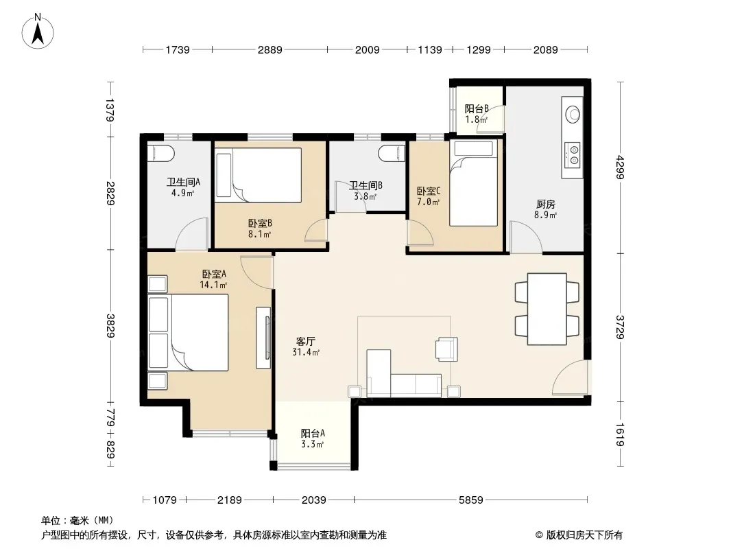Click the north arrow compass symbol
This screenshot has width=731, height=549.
[38, 32]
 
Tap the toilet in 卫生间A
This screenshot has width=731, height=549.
[161, 153]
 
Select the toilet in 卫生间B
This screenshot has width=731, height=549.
[392, 153]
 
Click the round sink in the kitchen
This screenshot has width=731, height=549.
[573, 114]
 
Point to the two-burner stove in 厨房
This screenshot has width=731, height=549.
[573, 154]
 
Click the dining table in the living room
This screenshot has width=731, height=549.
[547, 309]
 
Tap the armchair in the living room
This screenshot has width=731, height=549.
[446, 349]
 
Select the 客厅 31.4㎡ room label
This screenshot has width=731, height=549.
[306, 347]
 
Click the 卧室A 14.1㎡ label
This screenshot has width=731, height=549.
[213, 279]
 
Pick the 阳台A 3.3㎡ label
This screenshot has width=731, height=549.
[312, 439]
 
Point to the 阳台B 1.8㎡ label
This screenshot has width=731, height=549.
[477, 114]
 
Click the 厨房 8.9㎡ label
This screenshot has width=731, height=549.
[545, 209]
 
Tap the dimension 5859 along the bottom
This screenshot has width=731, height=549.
[471, 500]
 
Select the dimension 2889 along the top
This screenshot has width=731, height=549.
[270, 49]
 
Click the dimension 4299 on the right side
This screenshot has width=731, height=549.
[620, 167]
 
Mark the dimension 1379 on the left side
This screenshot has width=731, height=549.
[110, 110]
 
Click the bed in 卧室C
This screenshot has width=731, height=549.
[474, 183]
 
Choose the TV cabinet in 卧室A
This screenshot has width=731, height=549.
[263, 337]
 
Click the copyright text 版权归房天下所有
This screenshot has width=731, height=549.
[584, 535]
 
